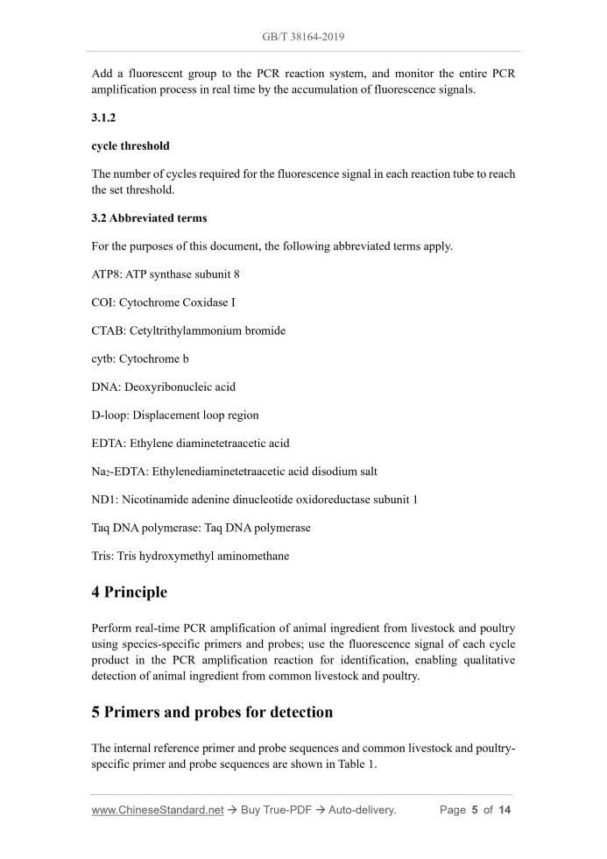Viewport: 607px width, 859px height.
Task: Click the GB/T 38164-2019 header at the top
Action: (303, 38)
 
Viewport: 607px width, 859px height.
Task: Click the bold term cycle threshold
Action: (131, 146)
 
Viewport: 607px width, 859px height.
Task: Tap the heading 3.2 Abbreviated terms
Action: (149, 217)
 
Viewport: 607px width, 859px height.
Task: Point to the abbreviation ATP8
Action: (106, 274)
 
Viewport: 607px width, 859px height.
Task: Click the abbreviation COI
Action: (102, 302)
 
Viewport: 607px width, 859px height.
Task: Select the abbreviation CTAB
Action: (107, 330)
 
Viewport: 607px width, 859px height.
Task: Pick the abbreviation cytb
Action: (102, 359)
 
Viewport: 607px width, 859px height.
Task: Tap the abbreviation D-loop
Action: (110, 415)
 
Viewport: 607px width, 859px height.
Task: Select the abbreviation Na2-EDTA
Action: (119, 472)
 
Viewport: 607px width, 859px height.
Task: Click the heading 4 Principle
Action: (129, 593)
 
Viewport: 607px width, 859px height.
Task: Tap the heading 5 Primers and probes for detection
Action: (212, 712)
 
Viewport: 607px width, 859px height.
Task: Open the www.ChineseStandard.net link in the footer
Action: (158, 810)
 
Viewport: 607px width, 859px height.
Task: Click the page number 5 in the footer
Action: (474, 810)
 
